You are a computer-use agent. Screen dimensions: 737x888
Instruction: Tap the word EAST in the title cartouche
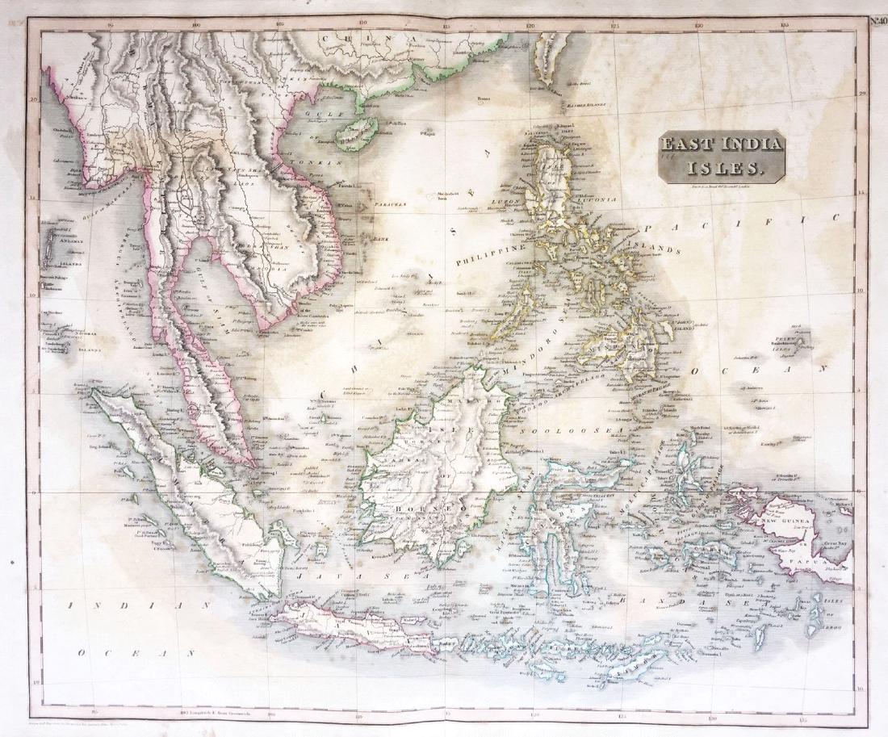685,146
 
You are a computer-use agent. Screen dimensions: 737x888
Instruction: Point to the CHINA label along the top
371,39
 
